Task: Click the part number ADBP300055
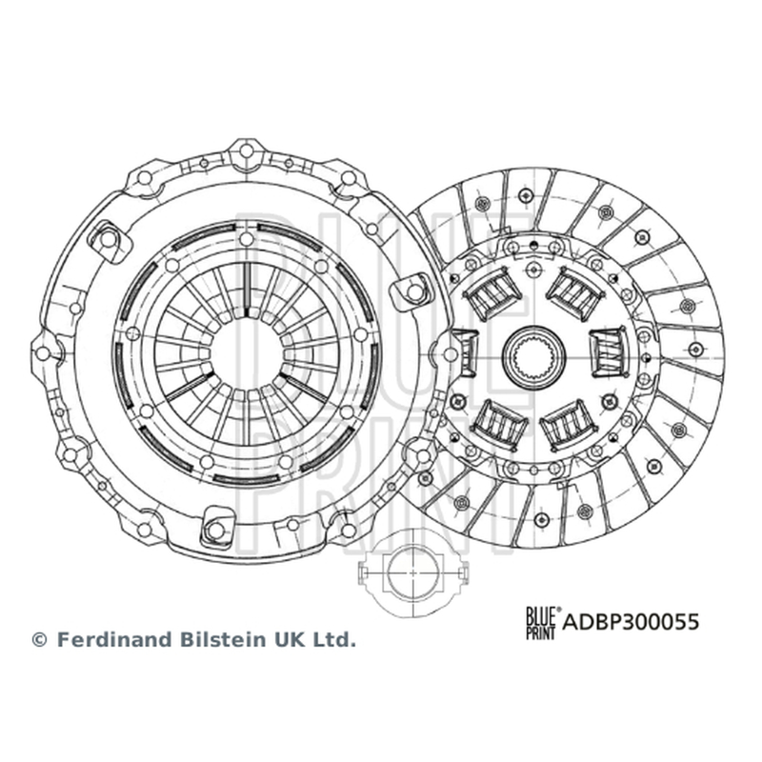631,622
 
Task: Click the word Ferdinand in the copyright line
115,639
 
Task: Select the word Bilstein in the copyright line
225,639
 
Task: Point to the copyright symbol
39,640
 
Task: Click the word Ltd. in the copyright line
336,639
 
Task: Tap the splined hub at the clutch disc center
533,356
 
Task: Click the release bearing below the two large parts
412,573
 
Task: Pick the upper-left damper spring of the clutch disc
493,295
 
